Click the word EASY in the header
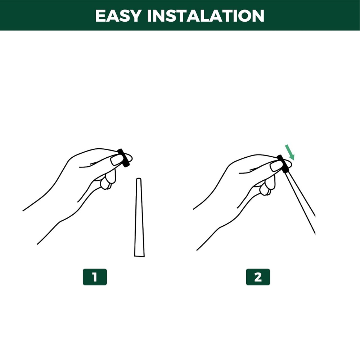(118, 15)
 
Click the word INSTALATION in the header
(206, 15)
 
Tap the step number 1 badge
(95, 277)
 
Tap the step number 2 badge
(258, 277)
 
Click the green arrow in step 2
(290, 152)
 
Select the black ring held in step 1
(123, 158)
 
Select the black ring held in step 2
(283, 164)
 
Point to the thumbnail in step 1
(116, 160)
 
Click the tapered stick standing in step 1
(139, 217)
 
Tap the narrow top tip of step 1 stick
(139, 179)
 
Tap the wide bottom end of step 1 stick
(139, 256)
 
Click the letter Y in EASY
(135, 15)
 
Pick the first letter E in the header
(101, 15)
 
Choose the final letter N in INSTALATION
(258, 15)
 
